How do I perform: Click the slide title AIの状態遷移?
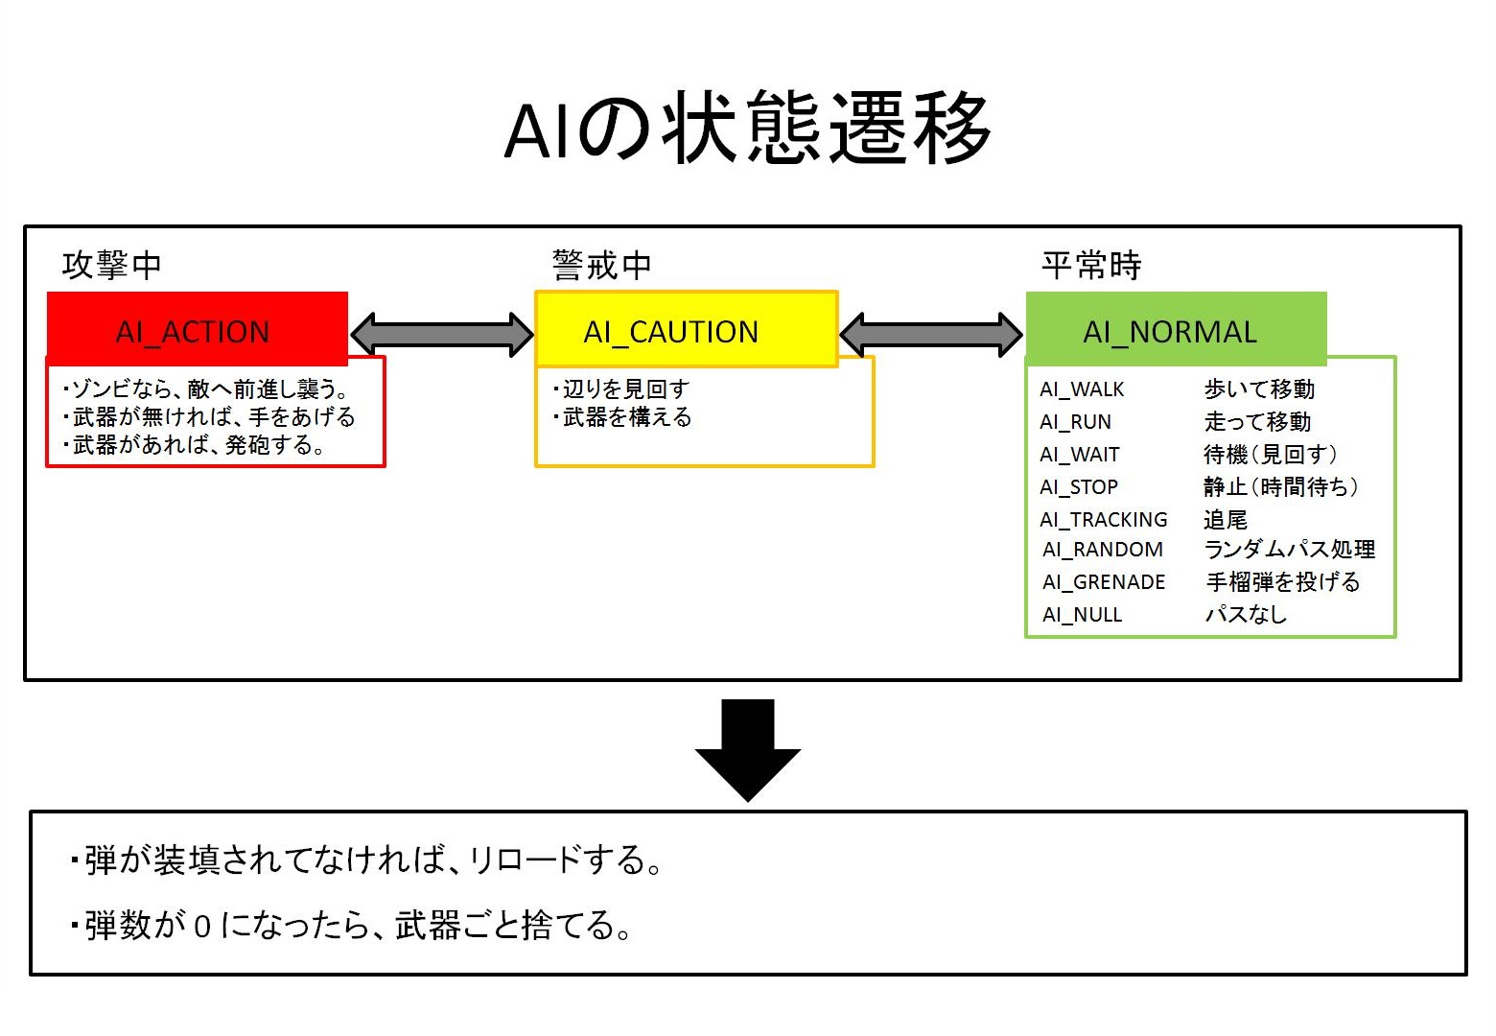coord(747,129)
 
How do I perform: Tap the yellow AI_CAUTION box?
coord(686,330)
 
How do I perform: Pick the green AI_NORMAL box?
coord(1175,330)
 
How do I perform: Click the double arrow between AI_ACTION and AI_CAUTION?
coord(442,334)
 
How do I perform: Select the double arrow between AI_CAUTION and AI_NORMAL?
coord(931,334)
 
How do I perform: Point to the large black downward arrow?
coord(747,748)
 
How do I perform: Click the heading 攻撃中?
coord(111,265)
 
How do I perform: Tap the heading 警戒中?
coord(601,265)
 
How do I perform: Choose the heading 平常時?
coord(1091,265)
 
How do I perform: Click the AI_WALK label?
coord(1082,389)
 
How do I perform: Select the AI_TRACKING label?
coord(1104,520)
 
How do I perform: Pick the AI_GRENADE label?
coord(1104,582)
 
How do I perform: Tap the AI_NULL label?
coord(1082,615)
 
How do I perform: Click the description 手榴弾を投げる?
coord(1282,582)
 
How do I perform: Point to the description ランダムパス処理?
coord(1289,550)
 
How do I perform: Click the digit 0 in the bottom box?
coord(201,927)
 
